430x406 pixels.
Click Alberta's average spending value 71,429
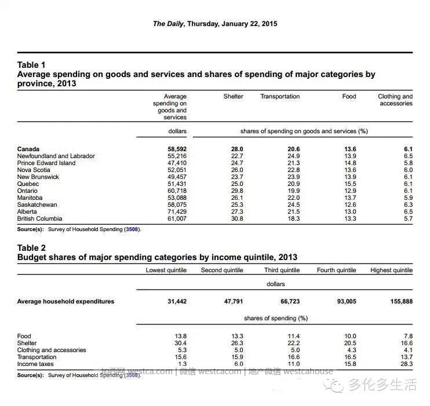coord(177,211)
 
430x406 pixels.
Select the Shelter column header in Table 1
coord(233,96)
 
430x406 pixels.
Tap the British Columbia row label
coord(39,218)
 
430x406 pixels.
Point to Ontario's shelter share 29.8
coord(236,191)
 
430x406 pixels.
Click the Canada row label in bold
coord(28,149)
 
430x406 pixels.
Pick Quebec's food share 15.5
coord(349,184)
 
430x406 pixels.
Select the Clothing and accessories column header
coord(395,100)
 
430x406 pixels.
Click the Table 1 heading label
coord(31,65)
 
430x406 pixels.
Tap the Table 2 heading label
coord(31,247)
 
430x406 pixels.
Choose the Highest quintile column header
coord(391,270)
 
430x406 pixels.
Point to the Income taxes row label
coord(37,364)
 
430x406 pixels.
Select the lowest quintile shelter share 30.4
coord(180,343)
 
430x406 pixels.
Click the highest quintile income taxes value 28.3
coord(406,364)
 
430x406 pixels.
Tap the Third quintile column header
coord(282,270)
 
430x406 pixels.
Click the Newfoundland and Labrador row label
coord(56,156)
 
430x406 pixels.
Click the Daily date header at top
coord(215,24)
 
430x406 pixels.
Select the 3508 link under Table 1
coord(132,229)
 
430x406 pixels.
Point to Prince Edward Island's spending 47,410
coord(177,163)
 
